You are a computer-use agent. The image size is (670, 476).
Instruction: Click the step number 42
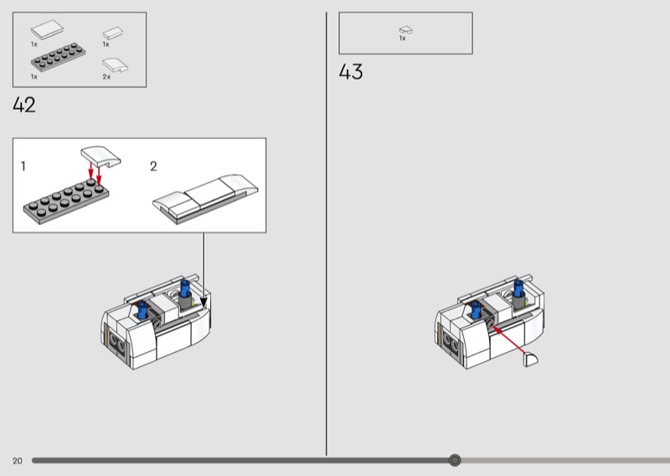point(24,105)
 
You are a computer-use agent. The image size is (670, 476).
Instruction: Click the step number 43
point(351,71)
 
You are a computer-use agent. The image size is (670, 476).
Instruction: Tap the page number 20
point(17,461)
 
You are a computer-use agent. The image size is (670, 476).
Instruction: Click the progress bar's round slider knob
point(455,460)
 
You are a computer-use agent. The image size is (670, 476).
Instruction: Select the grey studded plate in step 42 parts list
point(58,57)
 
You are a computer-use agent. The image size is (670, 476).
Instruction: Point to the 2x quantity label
point(106,77)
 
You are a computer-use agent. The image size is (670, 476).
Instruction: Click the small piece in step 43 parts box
point(406,30)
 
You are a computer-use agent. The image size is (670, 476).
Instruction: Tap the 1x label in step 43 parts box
point(402,38)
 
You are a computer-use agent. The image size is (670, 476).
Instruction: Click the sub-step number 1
point(23,166)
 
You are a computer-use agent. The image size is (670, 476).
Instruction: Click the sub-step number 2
point(153,166)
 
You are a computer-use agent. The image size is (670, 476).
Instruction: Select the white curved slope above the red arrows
point(100,156)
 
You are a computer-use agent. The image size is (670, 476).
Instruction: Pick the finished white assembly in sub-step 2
point(205,199)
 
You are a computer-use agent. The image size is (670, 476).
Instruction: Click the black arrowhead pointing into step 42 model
point(204,303)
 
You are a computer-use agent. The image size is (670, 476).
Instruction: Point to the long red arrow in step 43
point(509,340)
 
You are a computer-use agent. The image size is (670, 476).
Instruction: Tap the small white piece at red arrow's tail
point(531,360)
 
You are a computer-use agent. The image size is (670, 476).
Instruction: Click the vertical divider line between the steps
point(327,234)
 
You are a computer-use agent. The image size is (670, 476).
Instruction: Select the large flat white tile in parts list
point(48,29)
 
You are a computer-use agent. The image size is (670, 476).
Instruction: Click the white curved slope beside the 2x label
point(116,65)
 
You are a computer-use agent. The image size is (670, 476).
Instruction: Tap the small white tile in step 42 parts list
point(113,33)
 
